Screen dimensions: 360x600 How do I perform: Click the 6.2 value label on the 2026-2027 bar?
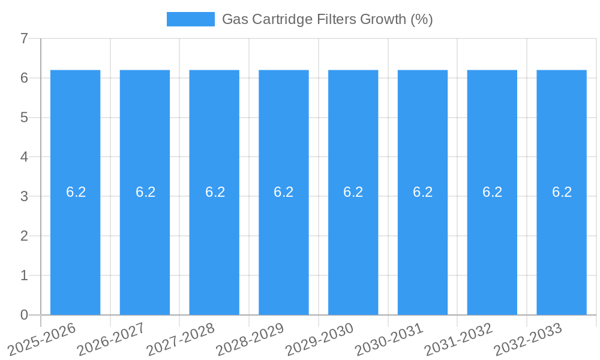(x=145, y=192)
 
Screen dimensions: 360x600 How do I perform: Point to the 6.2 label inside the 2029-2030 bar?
(x=353, y=192)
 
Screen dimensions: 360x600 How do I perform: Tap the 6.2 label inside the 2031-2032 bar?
(x=492, y=192)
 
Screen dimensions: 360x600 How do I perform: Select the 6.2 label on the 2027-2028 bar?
(x=215, y=192)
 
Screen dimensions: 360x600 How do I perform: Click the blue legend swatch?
(x=190, y=19)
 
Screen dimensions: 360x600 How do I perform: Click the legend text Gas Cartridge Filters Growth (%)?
(x=327, y=19)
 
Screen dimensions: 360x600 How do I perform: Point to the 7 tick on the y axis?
(x=24, y=38)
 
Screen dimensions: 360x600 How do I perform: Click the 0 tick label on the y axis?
(x=24, y=315)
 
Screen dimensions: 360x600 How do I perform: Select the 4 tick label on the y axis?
(x=24, y=157)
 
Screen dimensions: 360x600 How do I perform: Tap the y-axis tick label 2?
(x=24, y=236)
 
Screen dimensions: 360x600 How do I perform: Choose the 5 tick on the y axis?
(x=24, y=118)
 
